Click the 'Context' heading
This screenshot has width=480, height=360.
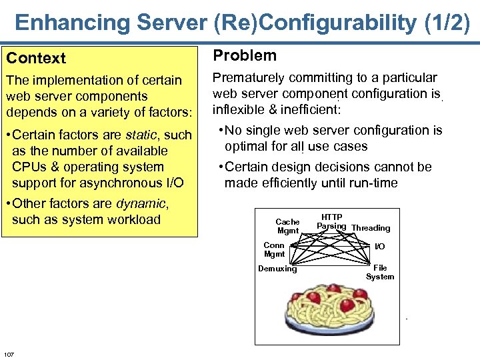click(36, 59)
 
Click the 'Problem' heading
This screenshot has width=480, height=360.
click(244, 56)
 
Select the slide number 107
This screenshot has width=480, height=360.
click(9, 353)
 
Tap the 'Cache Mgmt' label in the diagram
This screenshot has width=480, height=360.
click(287, 226)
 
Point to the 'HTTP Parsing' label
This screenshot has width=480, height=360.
click(331, 222)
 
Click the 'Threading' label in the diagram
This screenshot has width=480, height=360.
click(371, 228)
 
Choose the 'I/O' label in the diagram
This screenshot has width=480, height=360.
click(379, 247)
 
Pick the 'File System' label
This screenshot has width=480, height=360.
click(379, 272)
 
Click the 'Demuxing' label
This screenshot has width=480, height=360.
click(277, 269)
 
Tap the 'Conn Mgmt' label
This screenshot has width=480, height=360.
click(274, 249)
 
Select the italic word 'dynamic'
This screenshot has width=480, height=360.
click(141, 203)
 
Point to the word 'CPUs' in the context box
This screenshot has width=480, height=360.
click(29, 167)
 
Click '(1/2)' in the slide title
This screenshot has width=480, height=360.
click(447, 23)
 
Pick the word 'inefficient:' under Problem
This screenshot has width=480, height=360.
click(309, 109)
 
